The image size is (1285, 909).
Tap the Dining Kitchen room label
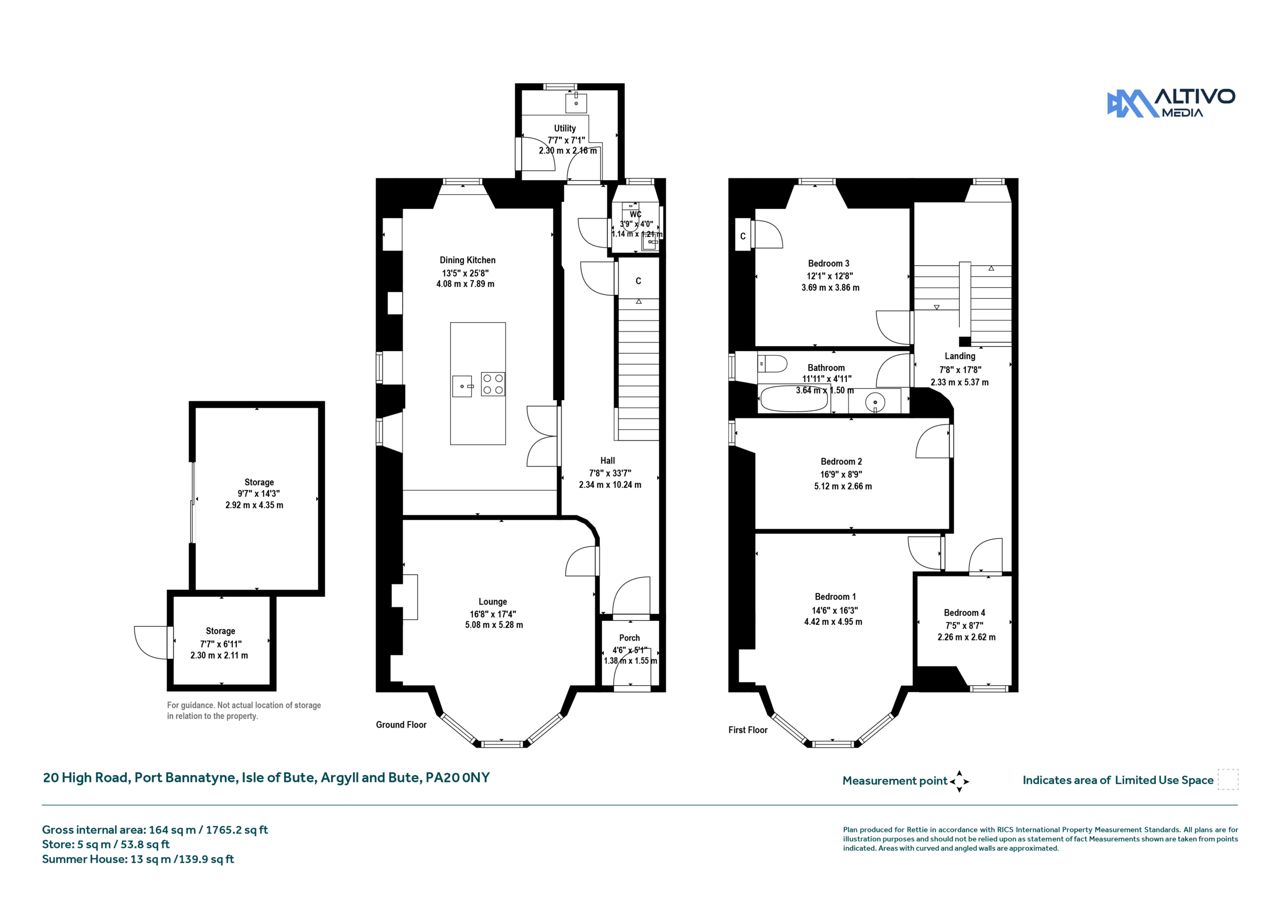[467, 260]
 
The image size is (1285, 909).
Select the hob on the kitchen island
[492, 384]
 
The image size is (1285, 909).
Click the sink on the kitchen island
[462, 386]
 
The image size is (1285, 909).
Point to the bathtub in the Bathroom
[793, 399]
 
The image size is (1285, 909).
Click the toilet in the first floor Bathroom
[773, 364]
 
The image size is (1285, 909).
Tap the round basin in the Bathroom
[875, 402]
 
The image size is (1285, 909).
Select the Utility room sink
[576, 103]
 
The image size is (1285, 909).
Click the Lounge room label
[492, 602]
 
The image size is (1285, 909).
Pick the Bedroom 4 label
[964, 613]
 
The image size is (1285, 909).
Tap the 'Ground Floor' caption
[401, 725]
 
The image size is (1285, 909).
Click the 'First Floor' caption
[748, 730]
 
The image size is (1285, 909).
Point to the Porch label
[629, 638]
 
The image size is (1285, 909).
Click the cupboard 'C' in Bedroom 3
[743, 236]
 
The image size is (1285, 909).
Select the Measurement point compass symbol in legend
[959, 781]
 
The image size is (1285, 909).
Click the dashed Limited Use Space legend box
[1228, 779]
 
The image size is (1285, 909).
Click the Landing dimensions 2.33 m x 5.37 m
[959, 383]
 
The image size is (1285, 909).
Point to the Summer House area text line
[138, 859]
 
